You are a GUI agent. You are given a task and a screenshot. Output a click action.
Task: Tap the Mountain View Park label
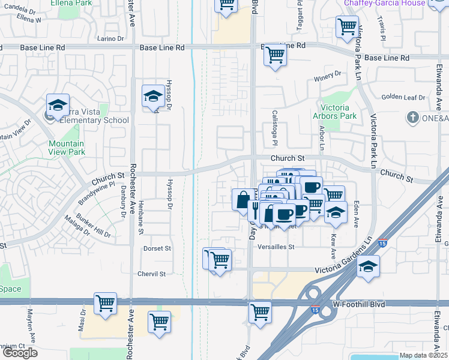coord(67,148)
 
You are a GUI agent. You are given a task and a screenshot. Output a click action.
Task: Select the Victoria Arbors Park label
coord(335,112)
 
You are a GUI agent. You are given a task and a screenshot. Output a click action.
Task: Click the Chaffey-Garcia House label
coord(384,4)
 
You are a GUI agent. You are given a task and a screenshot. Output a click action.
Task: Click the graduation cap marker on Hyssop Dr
coord(153,96)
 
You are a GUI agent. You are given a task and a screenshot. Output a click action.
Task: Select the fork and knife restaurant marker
coord(255,211)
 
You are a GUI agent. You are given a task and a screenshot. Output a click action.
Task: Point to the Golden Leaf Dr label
coord(403,96)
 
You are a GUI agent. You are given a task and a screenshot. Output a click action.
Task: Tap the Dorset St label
coord(157,248)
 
